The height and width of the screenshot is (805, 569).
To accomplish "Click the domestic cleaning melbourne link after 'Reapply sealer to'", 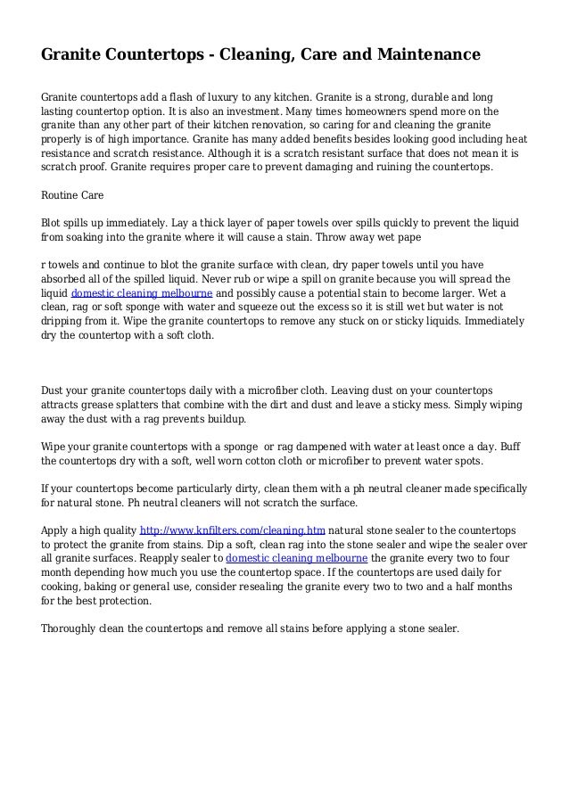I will pos(297,558).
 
